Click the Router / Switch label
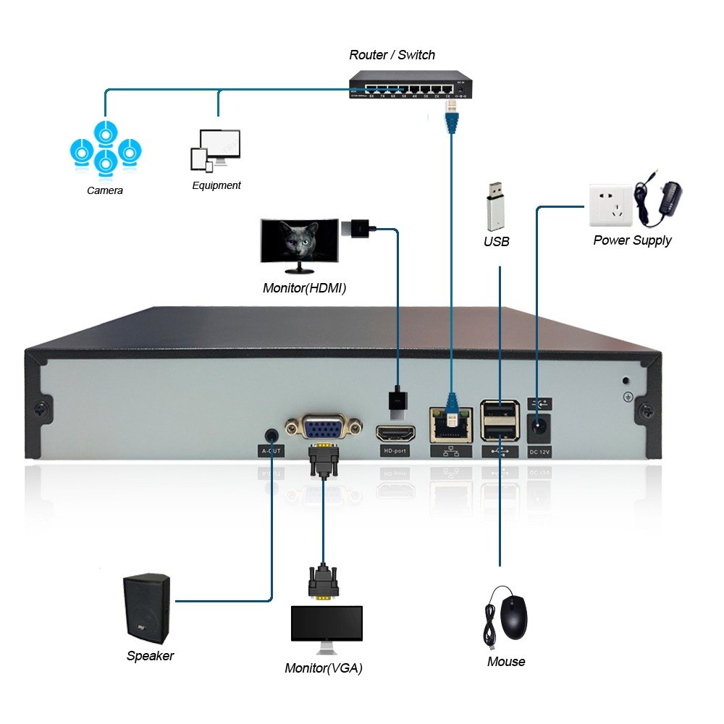(392, 55)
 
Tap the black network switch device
(410, 85)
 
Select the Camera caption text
(105, 190)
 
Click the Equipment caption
(216, 185)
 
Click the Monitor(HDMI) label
(304, 288)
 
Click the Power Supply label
(632, 240)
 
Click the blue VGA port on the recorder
(323, 426)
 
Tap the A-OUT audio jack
(271, 434)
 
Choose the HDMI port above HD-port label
(395, 434)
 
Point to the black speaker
(147, 608)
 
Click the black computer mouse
(513, 616)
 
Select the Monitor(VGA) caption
(324, 668)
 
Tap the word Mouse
(506, 661)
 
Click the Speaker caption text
(150, 656)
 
